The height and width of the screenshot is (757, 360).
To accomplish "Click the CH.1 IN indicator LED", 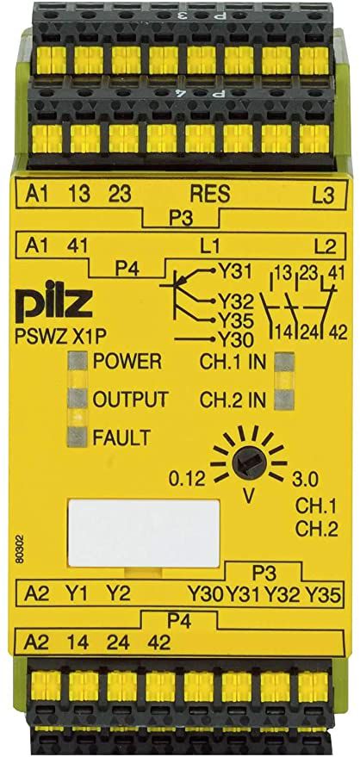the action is point(283,362).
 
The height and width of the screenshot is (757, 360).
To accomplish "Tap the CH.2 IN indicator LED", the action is point(283,400).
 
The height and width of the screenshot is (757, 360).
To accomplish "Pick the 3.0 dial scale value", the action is point(305,480).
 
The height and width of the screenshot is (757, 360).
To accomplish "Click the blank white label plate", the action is point(145,533).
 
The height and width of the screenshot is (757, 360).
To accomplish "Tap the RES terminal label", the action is point(210,194).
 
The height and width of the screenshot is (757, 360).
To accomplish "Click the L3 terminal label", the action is point(323,195).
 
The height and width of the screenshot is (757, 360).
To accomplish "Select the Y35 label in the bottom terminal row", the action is point(325,594).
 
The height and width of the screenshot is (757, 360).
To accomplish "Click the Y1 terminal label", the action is point(78,593).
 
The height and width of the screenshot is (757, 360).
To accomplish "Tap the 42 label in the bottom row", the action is point(159,642).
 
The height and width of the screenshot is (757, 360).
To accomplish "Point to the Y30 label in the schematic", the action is point(235,341).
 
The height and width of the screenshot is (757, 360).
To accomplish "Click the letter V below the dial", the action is point(248,496).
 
